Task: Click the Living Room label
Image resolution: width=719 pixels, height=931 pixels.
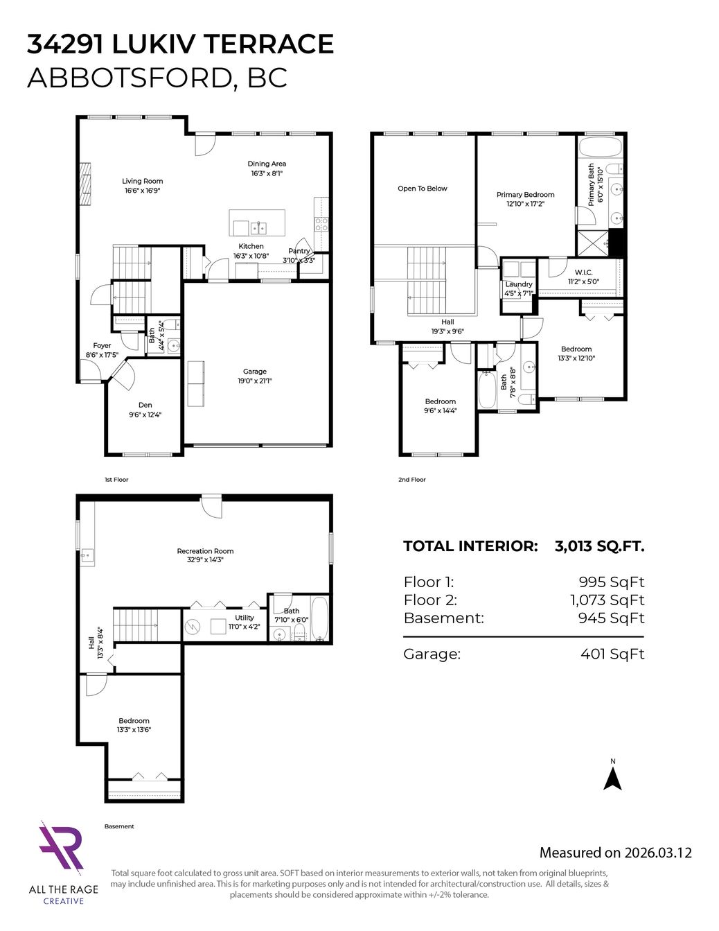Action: click(143, 181)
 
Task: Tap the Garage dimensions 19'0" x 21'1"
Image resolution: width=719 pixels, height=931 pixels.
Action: click(255, 381)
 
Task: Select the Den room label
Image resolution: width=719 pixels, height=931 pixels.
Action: click(145, 405)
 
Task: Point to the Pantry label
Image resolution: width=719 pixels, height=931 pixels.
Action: click(299, 251)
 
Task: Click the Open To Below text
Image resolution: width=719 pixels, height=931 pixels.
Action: click(423, 189)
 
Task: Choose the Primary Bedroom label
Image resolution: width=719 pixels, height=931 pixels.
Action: click(526, 195)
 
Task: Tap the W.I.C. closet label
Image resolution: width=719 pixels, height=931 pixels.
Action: click(583, 272)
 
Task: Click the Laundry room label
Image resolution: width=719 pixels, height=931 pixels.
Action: click(519, 284)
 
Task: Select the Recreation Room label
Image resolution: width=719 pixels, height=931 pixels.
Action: click(206, 551)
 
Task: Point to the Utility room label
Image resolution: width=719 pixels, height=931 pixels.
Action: click(245, 618)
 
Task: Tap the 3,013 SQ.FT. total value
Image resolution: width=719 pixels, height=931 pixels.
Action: click(600, 546)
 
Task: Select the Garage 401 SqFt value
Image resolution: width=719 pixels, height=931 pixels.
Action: click(612, 654)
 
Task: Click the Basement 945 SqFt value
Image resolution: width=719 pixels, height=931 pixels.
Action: click(611, 618)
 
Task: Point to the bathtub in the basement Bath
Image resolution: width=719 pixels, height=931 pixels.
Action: click(319, 618)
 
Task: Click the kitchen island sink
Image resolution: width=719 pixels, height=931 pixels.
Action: click(258, 227)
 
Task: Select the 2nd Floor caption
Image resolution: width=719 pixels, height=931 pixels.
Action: click(411, 480)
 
